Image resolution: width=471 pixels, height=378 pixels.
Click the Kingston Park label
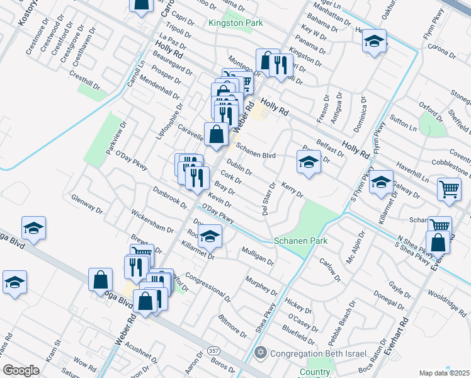(x=235, y=23)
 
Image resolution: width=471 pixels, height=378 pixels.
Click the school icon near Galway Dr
(x=381, y=183)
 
